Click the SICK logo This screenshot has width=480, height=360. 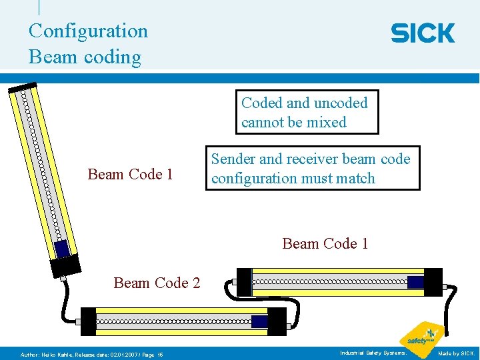click(423, 33)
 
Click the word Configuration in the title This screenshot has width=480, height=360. click(88, 31)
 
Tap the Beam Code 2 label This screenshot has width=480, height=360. click(157, 283)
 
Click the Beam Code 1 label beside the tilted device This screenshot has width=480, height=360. click(131, 175)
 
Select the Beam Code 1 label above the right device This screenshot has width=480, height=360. click(325, 243)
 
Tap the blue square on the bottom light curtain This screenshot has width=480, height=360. click(259, 321)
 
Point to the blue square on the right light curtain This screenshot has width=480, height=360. click(415, 282)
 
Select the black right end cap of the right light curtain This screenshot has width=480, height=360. click(433, 282)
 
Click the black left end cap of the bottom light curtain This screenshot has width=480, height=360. click(88, 321)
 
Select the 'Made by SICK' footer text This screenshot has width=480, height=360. click(456, 353)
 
